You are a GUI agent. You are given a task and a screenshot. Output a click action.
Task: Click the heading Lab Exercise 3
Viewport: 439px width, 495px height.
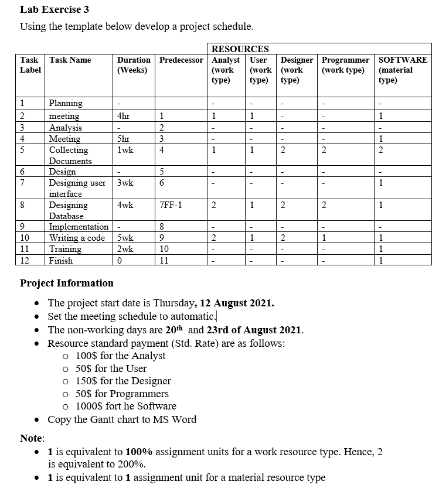pyautogui.click(x=55, y=9)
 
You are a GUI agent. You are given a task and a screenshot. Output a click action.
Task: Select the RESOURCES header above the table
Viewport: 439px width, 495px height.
pyautogui.click(x=240, y=49)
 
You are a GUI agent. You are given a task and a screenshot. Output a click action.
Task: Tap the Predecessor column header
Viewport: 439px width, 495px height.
pyautogui.click(x=181, y=60)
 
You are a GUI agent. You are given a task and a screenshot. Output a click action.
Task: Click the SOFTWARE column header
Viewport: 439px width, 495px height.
pyautogui.click(x=403, y=60)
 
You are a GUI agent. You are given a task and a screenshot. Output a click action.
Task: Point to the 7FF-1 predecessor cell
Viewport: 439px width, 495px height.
pyautogui.click(x=171, y=205)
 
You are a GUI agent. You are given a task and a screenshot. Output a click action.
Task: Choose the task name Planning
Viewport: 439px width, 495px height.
pyautogui.click(x=66, y=103)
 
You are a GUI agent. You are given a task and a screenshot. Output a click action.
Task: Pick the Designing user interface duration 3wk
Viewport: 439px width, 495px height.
pyautogui.click(x=125, y=183)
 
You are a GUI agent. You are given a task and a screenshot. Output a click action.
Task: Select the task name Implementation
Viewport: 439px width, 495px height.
pyautogui.click(x=79, y=227)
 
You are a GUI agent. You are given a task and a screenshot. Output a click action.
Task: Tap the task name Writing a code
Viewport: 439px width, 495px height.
pyautogui.click(x=77, y=238)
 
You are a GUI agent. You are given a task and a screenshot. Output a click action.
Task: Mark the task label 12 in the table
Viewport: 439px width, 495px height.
pyautogui.click(x=25, y=260)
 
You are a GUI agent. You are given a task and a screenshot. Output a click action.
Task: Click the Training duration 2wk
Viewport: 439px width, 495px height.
pyautogui.click(x=125, y=249)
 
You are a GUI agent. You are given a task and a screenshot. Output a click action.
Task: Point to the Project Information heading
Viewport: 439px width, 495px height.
pyautogui.click(x=67, y=283)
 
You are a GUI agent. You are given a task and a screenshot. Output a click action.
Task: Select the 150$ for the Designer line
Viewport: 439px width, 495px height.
pyautogui.click(x=124, y=381)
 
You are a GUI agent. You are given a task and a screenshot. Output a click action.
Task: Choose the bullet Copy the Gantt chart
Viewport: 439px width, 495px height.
pyautogui.click(x=122, y=419)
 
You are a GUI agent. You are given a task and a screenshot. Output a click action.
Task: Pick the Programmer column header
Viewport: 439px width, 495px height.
pyautogui.click(x=346, y=60)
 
